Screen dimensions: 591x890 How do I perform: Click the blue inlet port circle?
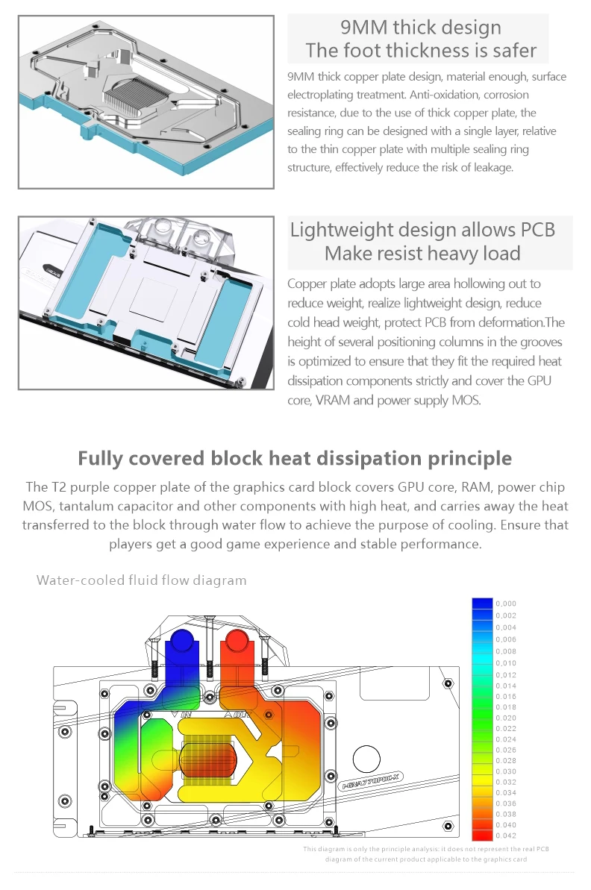coord(182,642)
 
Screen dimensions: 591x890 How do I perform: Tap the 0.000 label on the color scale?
coord(506,604)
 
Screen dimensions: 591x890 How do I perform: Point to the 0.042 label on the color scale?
coord(506,836)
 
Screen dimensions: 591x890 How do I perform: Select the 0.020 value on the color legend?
coord(506,718)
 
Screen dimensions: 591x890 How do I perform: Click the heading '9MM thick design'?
coord(421,28)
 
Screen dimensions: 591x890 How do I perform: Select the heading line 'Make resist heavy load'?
coord(422,254)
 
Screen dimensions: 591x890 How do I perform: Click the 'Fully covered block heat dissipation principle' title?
coord(295,458)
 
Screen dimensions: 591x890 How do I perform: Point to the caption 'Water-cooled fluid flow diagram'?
coord(141,580)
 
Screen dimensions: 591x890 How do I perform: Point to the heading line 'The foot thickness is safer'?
coord(421,51)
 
